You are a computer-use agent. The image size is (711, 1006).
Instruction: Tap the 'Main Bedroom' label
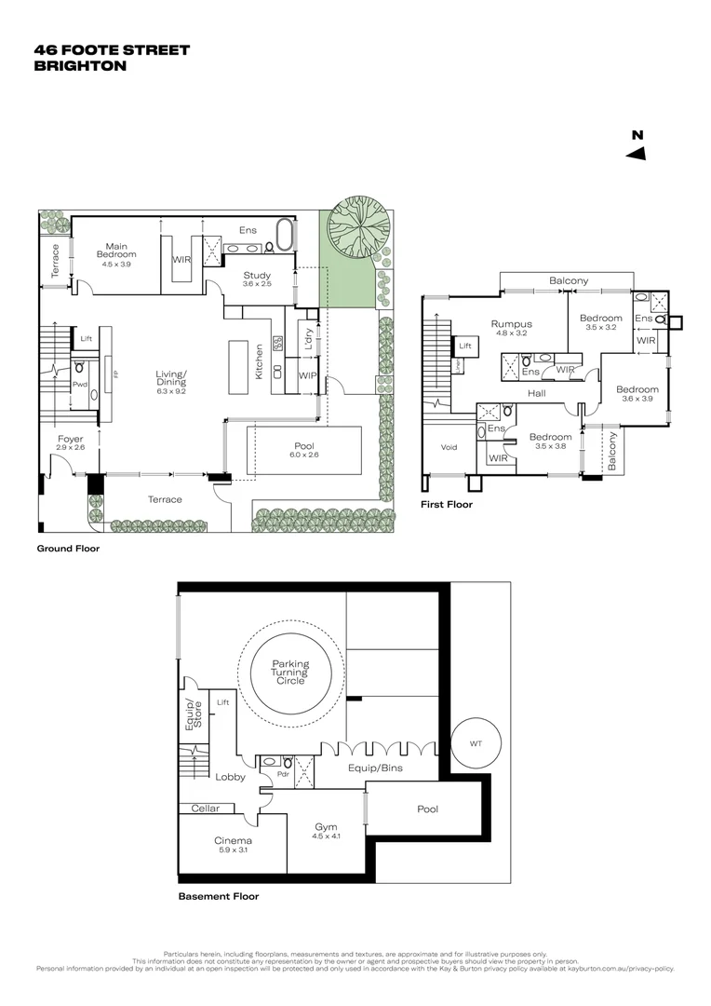[x=118, y=251]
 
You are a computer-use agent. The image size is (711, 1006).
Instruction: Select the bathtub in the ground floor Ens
[x=284, y=235]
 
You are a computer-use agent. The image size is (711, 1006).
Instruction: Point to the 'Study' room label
[x=257, y=276]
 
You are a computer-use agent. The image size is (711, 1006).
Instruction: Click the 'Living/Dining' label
[x=171, y=378]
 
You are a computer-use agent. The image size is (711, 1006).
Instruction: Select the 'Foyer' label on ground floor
[x=70, y=439]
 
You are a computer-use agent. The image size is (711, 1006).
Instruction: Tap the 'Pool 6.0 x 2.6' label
[x=305, y=450]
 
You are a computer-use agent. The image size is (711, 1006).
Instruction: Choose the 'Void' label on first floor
[x=448, y=447]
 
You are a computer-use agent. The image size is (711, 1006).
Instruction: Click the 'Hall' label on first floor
[x=536, y=394]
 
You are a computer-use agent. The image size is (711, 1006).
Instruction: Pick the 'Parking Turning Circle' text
[x=290, y=673]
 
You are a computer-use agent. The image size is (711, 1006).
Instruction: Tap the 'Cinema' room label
[x=233, y=839]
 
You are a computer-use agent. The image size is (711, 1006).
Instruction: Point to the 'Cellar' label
[x=206, y=809]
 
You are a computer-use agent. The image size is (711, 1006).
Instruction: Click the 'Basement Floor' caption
[x=218, y=897]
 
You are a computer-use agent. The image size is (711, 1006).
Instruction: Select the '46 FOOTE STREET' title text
[x=111, y=50]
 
